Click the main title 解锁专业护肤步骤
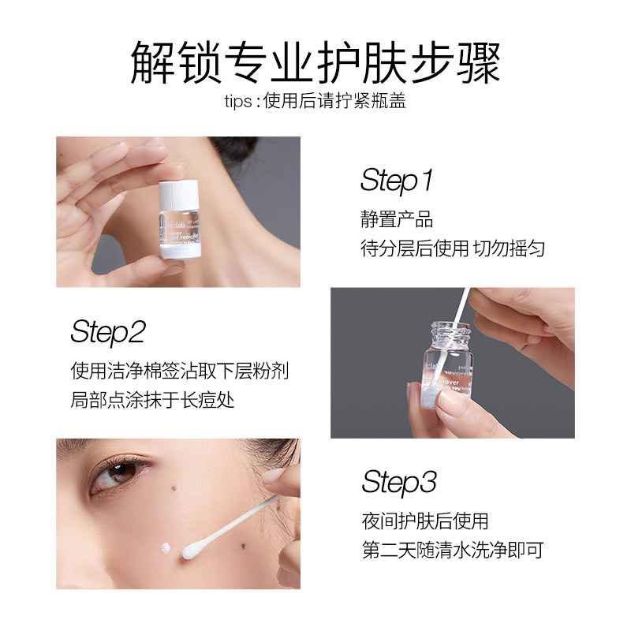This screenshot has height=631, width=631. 315,63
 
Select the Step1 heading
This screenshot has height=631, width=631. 397,181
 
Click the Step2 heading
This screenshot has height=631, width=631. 108,332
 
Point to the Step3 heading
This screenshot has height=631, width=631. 399,481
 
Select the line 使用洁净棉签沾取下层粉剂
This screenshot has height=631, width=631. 185,371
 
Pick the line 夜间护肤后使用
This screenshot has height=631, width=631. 425,521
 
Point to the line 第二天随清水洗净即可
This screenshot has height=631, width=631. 452,550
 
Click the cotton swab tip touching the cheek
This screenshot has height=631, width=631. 192,551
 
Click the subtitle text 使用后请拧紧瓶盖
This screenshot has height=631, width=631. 338,102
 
